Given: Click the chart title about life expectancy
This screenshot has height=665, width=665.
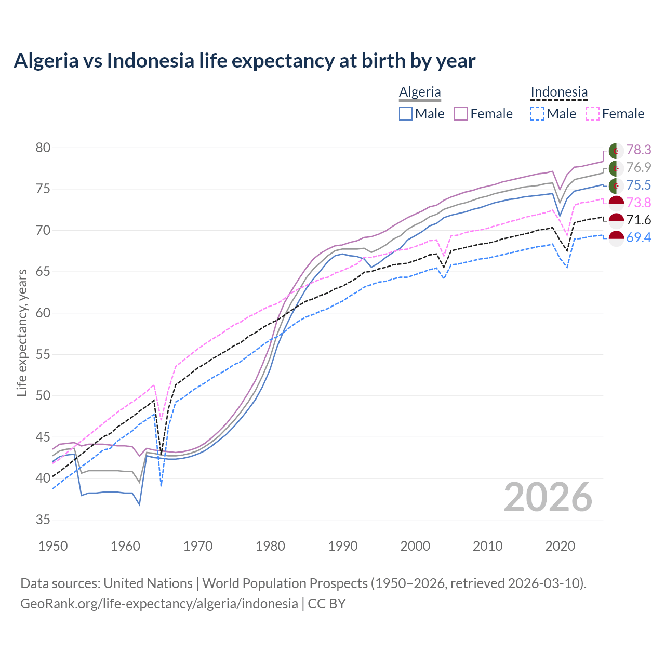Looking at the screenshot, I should pos(244,61).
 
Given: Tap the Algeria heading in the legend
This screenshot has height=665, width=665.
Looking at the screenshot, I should pos(420,92).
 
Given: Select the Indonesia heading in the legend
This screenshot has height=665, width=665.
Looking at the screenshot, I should pos(559,92).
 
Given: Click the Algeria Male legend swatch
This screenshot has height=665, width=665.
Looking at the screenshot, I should pos(406,114).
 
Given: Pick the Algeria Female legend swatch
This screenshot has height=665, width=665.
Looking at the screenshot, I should pos(461,114).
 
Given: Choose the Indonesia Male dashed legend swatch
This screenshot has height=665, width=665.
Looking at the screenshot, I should pos(537,114).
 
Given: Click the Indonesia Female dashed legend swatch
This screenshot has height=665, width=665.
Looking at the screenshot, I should pos(593,114).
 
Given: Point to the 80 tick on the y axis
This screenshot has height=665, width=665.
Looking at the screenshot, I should pos(43,148).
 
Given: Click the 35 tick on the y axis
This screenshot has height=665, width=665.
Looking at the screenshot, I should pos(43,520).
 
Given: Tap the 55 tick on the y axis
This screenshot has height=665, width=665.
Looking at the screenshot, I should pos(43,355).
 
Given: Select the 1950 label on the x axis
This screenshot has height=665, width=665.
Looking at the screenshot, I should pos(53,546).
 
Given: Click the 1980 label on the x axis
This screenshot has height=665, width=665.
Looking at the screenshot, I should pos(270,546).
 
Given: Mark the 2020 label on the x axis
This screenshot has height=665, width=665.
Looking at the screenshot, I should pos(560,546).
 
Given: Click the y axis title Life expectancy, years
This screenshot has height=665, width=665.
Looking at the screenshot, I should pos(22,332).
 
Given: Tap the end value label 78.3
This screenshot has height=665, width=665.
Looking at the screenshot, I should pos(639,150).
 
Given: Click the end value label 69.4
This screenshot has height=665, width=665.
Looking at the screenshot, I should pos(639,238).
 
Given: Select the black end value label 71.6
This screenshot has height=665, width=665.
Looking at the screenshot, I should pos(639,220).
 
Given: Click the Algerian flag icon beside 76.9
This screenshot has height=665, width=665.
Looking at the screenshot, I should pos(616,168).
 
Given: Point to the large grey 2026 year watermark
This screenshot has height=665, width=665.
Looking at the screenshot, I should pos(548,497).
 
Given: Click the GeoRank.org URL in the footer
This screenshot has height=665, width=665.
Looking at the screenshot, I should pos(159,604).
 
